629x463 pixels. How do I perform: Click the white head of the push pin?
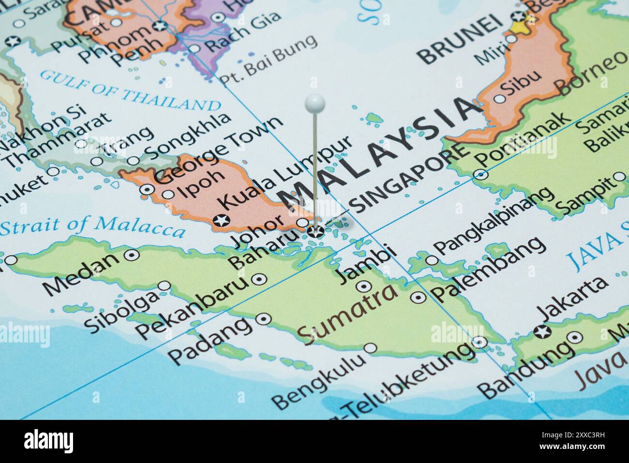[x=314, y=102]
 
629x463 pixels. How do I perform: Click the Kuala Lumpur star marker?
[x=222, y=220]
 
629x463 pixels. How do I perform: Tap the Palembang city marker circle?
[x=418, y=296]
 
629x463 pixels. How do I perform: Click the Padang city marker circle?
[x=263, y=319]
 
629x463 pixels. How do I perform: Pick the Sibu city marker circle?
[x=499, y=98]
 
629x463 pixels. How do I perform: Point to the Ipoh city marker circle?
[x=168, y=195]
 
